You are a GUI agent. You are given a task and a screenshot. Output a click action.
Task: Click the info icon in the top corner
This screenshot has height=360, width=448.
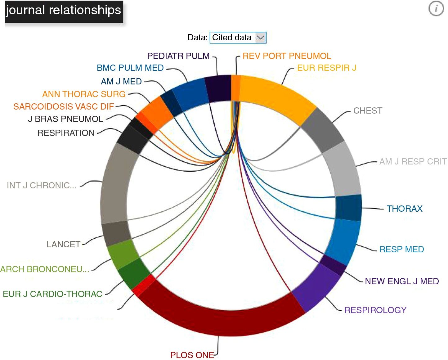pos(436,9)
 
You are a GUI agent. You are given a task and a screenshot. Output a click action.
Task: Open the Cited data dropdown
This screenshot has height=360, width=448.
pos(238,38)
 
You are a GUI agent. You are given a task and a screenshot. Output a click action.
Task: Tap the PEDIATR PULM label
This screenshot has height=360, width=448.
pos(178,56)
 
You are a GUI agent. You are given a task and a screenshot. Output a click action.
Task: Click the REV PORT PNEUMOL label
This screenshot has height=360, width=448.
pos(287,56)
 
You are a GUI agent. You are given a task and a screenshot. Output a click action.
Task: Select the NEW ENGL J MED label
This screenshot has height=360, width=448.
pos(402,281)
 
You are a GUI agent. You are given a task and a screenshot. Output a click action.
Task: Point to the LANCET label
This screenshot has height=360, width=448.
pos(64,245)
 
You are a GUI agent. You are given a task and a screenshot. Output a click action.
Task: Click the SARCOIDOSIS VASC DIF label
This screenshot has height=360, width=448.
pos(64,106)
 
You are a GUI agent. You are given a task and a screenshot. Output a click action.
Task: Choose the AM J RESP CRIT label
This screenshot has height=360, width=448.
pos(413,161)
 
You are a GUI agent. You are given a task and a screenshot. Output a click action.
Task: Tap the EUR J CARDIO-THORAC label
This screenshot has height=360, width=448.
pos(53,294)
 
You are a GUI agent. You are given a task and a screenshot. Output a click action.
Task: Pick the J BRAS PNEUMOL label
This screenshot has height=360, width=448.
pos(65,119)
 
